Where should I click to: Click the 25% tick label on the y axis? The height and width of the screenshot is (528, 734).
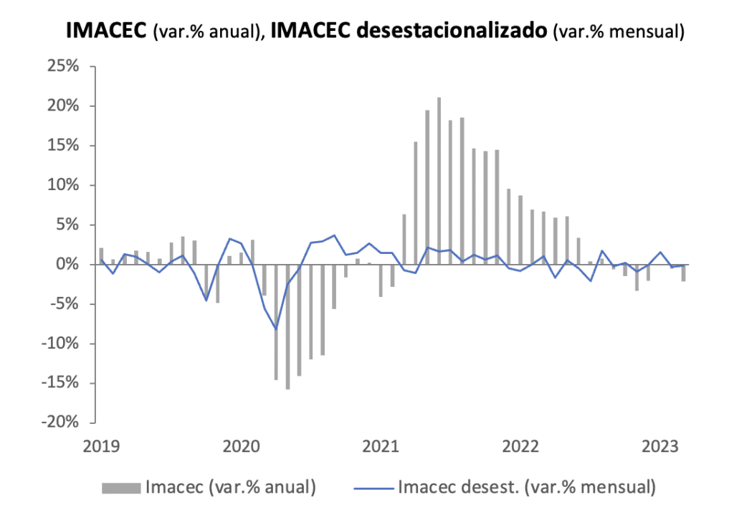coord(65,67)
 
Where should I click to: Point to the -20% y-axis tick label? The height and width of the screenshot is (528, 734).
coord(62,423)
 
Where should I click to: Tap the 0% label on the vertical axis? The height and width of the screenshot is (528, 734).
coord(70,265)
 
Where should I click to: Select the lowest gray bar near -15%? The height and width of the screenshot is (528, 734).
coord(287,326)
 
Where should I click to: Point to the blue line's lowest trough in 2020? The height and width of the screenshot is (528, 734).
coord(276,329)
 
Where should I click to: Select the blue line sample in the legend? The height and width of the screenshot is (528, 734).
coord(374,489)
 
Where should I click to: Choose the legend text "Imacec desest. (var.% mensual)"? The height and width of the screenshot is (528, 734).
coord(527,489)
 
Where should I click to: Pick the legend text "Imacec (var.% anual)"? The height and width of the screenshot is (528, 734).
coord(230,489)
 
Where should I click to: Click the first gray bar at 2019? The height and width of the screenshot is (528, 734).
coord(101,256)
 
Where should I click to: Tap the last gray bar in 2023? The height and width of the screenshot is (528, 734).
coord(684,273)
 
